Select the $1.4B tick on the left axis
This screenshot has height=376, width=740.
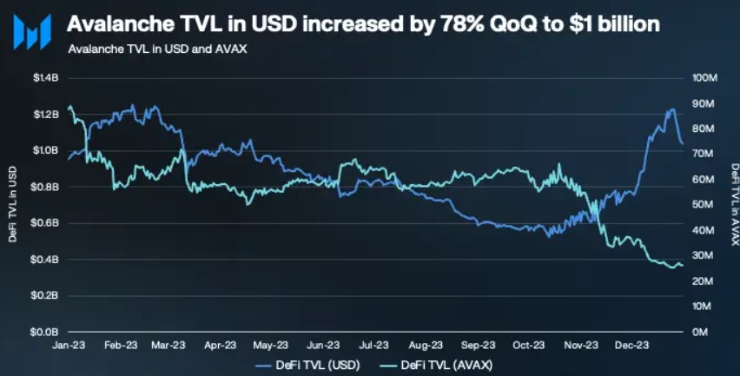click(45, 78)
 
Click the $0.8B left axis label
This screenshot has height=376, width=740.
click(45, 187)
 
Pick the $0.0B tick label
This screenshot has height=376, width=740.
click(45, 332)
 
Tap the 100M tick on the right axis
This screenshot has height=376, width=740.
click(704, 78)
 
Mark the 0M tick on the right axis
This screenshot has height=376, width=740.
click(699, 332)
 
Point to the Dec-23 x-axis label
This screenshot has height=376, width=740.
click(631, 344)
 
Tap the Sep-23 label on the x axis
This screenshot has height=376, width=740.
click(477, 344)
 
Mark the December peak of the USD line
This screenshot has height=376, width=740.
click(671, 109)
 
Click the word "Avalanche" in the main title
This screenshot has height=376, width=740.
click(115, 24)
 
